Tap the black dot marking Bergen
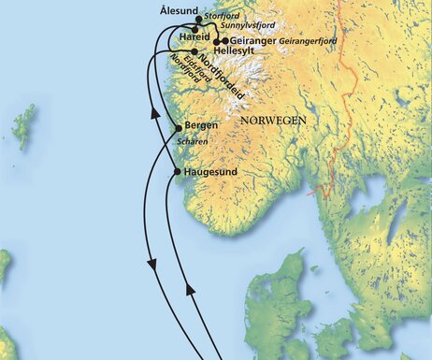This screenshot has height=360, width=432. click(x=177, y=128)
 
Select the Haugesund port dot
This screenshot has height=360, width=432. click(x=177, y=172)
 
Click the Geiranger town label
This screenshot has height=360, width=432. click(x=252, y=41)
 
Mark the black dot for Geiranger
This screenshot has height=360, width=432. click(x=224, y=41)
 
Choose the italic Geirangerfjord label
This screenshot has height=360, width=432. click(x=308, y=42)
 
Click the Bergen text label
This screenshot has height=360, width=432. click(x=202, y=125)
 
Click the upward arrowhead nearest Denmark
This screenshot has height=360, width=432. click(x=191, y=291)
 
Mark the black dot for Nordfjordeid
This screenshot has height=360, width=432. click(x=194, y=52)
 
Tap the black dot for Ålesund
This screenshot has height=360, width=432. click(x=198, y=18)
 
